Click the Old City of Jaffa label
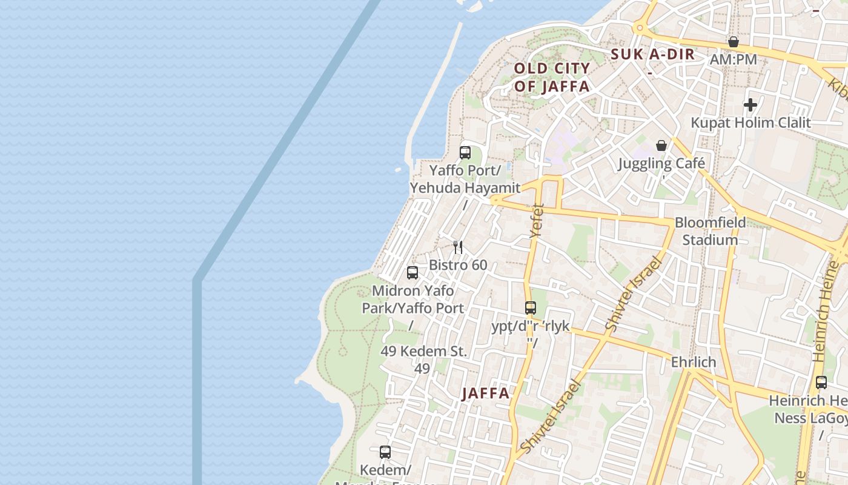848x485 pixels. [x=552, y=77]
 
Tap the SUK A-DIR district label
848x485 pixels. [x=652, y=55]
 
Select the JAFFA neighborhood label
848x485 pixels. [x=486, y=393]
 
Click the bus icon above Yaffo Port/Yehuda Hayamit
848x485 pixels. [x=465, y=153]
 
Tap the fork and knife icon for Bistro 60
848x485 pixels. [x=458, y=247]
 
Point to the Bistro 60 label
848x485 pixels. [x=458, y=265]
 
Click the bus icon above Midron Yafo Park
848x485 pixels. [x=412, y=273]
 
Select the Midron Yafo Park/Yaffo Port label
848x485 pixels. [x=412, y=299]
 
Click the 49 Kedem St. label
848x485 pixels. [x=424, y=351]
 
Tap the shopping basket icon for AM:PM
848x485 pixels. [x=733, y=42]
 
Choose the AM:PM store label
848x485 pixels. [x=733, y=59]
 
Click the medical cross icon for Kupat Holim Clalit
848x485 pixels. [x=750, y=105]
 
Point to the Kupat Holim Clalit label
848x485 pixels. [x=750, y=122]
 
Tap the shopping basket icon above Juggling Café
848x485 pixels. [x=661, y=145]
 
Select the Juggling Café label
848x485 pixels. [x=661, y=163]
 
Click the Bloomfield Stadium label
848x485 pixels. [x=710, y=231]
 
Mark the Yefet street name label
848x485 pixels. [x=537, y=219]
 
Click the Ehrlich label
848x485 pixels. [x=694, y=362]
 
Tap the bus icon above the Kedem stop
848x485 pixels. [x=385, y=452]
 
